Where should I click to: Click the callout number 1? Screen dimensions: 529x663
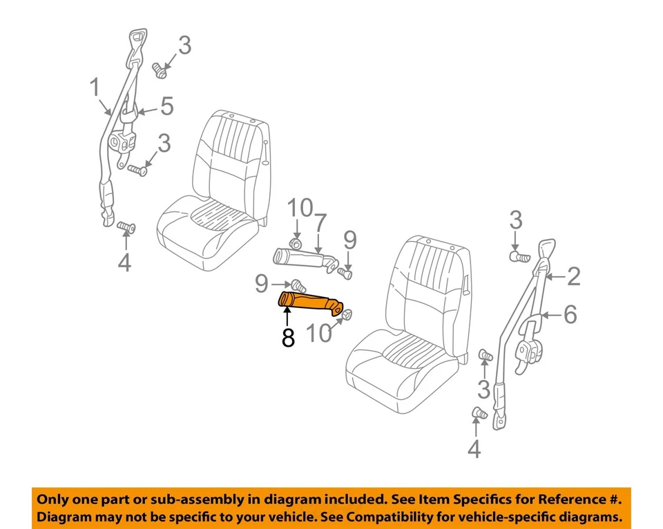click(95, 88)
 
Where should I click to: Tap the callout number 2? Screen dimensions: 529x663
click(573, 277)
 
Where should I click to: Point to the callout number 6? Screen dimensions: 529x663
click(570, 315)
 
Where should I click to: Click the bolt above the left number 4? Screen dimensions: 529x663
click(126, 227)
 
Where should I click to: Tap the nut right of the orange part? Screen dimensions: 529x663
click(347, 315)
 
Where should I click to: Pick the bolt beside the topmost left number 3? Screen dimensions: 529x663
click(160, 68)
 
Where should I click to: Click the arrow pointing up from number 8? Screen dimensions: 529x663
click(287, 319)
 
